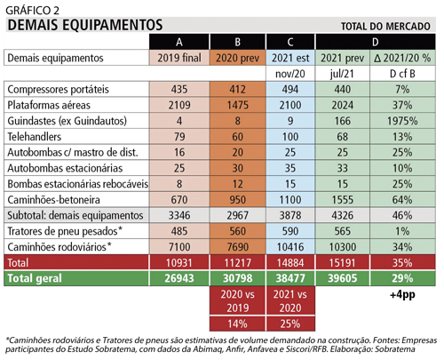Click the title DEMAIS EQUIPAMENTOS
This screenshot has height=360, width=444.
click(85, 25)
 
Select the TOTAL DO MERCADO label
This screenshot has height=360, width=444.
click(385, 27)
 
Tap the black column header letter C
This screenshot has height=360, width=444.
click(290, 42)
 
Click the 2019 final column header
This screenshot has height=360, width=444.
click(179, 58)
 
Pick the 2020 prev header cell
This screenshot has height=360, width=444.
click(237, 58)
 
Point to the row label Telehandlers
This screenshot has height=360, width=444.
click(35, 137)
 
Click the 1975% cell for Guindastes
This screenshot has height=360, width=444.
click(402, 121)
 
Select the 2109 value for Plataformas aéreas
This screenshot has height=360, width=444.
click(179, 105)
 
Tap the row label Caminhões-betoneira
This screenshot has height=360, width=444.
click(53, 200)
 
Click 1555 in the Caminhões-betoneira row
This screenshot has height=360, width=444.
click(343, 200)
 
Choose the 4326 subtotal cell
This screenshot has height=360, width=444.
click(343, 215)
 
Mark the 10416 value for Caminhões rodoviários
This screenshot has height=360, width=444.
click(290, 247)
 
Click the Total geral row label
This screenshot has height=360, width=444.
click(35, 278)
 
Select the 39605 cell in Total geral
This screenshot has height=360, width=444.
click(343, 278)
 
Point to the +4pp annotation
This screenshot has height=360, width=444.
click(402, 295)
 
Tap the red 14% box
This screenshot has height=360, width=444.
click(237, 324)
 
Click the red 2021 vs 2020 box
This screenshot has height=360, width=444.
click(290, 301)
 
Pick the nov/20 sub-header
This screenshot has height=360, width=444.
click(290, 74)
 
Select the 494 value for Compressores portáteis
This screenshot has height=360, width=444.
click(290, 90)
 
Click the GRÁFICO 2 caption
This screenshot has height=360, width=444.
click(33, 11)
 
